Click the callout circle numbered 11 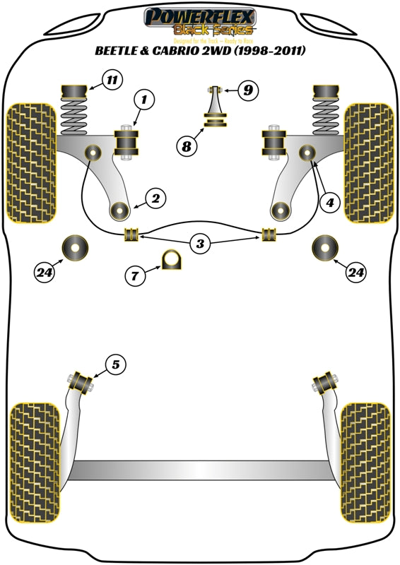click(112, 80)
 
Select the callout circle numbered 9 click(248, 90)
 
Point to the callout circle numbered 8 click(187, 147)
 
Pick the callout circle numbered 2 click(156, 199)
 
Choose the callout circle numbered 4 click(329, 203)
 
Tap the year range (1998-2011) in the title click(277, 52)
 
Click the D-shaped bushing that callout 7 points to click(172, 261)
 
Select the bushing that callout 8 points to click(213, 123)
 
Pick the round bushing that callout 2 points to click(121, 210)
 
